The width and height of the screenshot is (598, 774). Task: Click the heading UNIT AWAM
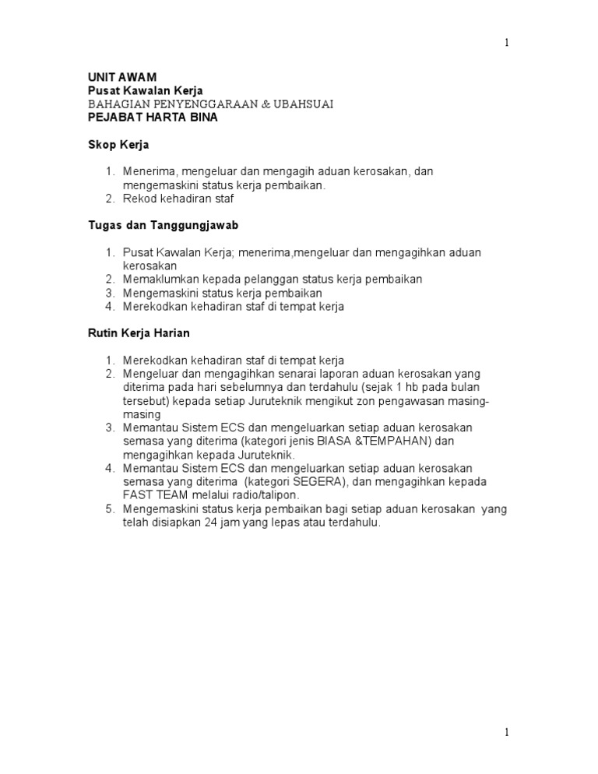coord(121,77)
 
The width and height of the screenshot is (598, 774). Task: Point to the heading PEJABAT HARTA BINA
coord(152,118)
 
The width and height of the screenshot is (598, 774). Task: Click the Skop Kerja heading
coord(117,145)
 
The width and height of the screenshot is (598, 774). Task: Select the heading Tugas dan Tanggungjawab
coord(162,225)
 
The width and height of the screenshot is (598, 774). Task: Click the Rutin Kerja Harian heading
coord(138,333)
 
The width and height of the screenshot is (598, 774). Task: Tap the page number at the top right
coord(507,43)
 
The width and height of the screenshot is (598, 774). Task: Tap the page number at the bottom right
coord(507,732)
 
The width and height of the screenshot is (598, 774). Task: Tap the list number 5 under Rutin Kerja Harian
coord(110,508)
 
